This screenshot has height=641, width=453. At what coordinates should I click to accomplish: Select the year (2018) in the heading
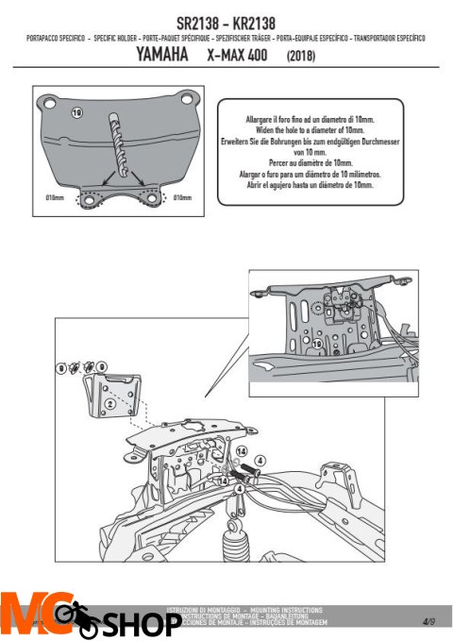tap(298, 57)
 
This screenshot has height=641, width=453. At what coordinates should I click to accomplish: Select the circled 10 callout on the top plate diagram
tap(77, 112)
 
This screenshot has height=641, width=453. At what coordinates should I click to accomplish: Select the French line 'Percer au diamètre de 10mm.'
tap(295, 161)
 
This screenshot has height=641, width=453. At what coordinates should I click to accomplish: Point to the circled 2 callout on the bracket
tap(109, 402)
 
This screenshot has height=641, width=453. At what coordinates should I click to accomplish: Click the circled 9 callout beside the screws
tap(102, 365)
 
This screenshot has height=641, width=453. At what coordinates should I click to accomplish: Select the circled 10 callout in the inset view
tap(318, 345)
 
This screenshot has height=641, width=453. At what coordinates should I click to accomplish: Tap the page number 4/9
tap(428, 621)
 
